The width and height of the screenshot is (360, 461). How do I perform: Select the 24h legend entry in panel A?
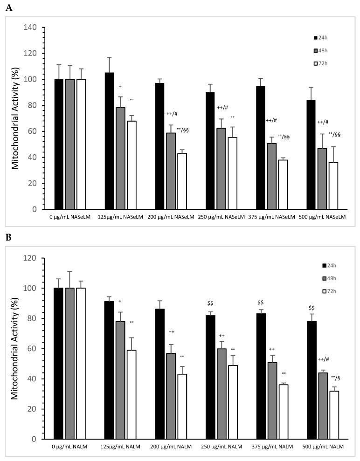coord(322,37)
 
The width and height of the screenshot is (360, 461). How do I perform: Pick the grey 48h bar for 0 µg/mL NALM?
coord(70,364)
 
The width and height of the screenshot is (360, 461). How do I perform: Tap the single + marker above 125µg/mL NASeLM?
coord(120,87)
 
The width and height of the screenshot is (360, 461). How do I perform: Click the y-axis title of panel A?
coord(16,118)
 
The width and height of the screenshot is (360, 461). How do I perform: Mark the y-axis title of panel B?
coord(16,348)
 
